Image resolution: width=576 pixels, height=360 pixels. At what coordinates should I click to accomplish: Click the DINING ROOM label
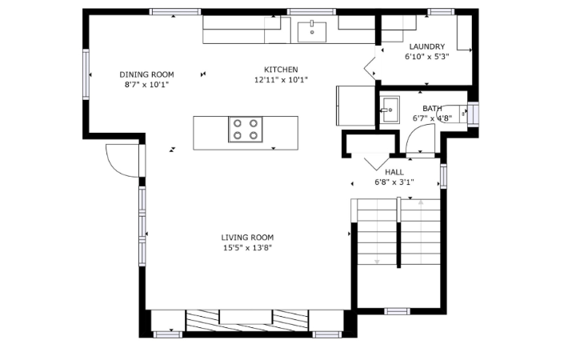pos(146,74)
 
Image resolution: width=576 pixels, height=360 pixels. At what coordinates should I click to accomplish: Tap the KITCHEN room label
pos(281,70)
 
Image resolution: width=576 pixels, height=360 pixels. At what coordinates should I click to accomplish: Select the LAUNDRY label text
pos(427,46)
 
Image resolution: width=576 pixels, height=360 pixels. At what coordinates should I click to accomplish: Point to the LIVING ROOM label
pos(247,238)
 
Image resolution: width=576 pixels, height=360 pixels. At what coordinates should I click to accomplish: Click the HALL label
pos(394,172)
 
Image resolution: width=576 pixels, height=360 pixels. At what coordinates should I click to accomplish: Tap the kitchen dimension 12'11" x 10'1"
pos(281,80)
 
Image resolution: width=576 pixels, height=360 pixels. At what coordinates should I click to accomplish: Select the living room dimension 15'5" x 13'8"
pos(247,247)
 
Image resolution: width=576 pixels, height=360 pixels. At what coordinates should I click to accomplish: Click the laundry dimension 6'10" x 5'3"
pos(427,57)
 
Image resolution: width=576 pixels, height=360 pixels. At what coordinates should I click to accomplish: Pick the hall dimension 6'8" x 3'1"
pos(394,182)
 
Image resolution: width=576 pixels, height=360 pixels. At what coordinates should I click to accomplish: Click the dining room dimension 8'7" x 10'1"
pos(146,85)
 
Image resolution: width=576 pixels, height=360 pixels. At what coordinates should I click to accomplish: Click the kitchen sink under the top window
pos(312,32)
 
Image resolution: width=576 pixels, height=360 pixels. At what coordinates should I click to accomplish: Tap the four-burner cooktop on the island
pos(246,130)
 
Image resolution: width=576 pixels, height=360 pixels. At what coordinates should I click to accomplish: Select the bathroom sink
pos(390,109)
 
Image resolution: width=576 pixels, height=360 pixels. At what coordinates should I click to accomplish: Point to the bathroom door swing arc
pos(416,131)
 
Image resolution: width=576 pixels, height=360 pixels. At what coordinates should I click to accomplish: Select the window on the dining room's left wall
pos(86,74)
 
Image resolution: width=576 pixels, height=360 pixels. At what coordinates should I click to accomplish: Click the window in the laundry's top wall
pos(441,12)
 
